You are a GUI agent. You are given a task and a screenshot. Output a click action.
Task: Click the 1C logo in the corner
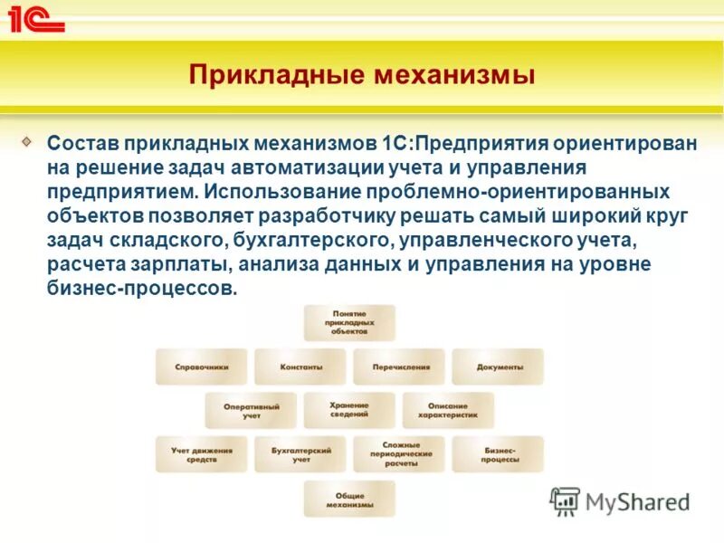tap(36, 18)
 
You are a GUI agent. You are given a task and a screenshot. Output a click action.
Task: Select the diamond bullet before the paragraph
tap(28, 142)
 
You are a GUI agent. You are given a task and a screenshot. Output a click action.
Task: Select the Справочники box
tap(201, 367)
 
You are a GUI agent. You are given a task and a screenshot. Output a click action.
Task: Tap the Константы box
tap(300, 367)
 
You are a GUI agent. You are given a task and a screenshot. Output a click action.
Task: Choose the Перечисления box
tap(400, 367)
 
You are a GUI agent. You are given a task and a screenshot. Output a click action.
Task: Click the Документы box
tap(499, 367)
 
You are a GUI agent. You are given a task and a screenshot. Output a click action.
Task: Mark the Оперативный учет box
tap(251, 411)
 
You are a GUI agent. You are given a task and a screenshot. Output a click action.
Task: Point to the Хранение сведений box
tap(349, 410)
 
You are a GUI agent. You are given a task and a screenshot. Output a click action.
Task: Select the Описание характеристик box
tap(449, 411)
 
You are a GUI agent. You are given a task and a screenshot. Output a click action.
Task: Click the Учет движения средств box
tap(201, 454)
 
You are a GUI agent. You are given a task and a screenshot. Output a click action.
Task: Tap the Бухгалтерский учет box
tap(300, 454)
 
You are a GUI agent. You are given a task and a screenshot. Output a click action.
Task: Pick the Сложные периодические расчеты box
tap(400, 454)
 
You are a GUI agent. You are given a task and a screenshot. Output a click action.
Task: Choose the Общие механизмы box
tap(349, 499)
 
